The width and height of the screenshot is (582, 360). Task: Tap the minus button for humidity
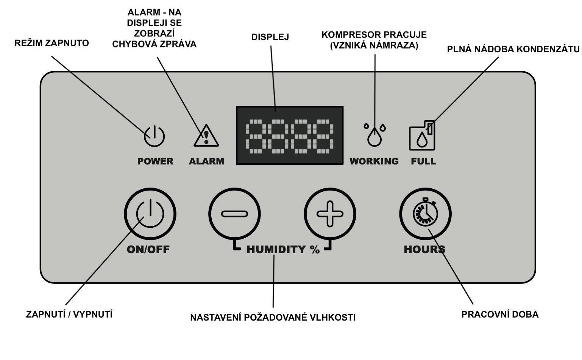pyautogui.click(x=234, y=214)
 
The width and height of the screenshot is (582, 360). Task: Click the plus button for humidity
pyautogui.click(x=330, y=214)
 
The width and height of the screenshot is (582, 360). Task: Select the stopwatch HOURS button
pyautogui.click(x=425, y=214)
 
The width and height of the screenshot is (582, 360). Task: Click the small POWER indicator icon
pyautogui.click(x=154, y=136)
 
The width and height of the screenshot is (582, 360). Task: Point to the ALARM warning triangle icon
pyautogui.click(x=206, y=136)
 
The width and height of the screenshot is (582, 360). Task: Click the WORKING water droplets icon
pyautogui.click(x=375, y=134)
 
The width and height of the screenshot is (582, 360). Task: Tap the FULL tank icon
pyautogui.click(x=422, y=136)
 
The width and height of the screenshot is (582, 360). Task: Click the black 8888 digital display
pyautogui.click(x=290, y=135)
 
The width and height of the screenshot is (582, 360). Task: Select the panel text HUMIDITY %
pyautogui.click(x=283, y=249)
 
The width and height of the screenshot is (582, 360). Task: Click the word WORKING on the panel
pyautogui.click(x=374, y=161)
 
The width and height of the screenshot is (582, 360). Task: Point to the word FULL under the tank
pyautogui.click(x=423, y=161)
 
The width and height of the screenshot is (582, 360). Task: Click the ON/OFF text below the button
pyautogui.click(x=148, y=249)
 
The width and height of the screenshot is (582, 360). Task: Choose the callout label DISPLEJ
pyautogui.click(x=270, y=37)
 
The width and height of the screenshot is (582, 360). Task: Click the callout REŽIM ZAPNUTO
pyautogui.click(x=51, y=43)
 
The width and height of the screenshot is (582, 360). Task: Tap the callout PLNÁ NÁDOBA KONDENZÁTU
pyautogui.click(x=513, y=49)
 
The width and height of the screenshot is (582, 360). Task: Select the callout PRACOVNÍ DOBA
pyautogui.click(x=500, y=315)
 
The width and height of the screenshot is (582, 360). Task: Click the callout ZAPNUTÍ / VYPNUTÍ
pyautogui.click(x=69, y=315)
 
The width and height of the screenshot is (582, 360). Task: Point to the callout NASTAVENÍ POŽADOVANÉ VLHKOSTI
pyautogui.click(x=273, y=317)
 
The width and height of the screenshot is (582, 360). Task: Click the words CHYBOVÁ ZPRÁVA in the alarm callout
pyautogui.click(x=154, y=44)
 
